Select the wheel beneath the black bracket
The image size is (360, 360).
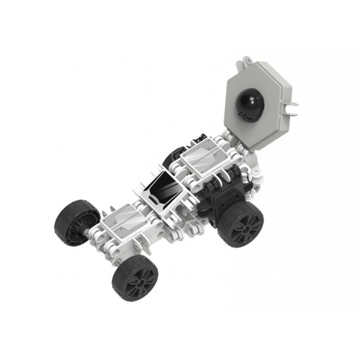[x=239, y=223]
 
